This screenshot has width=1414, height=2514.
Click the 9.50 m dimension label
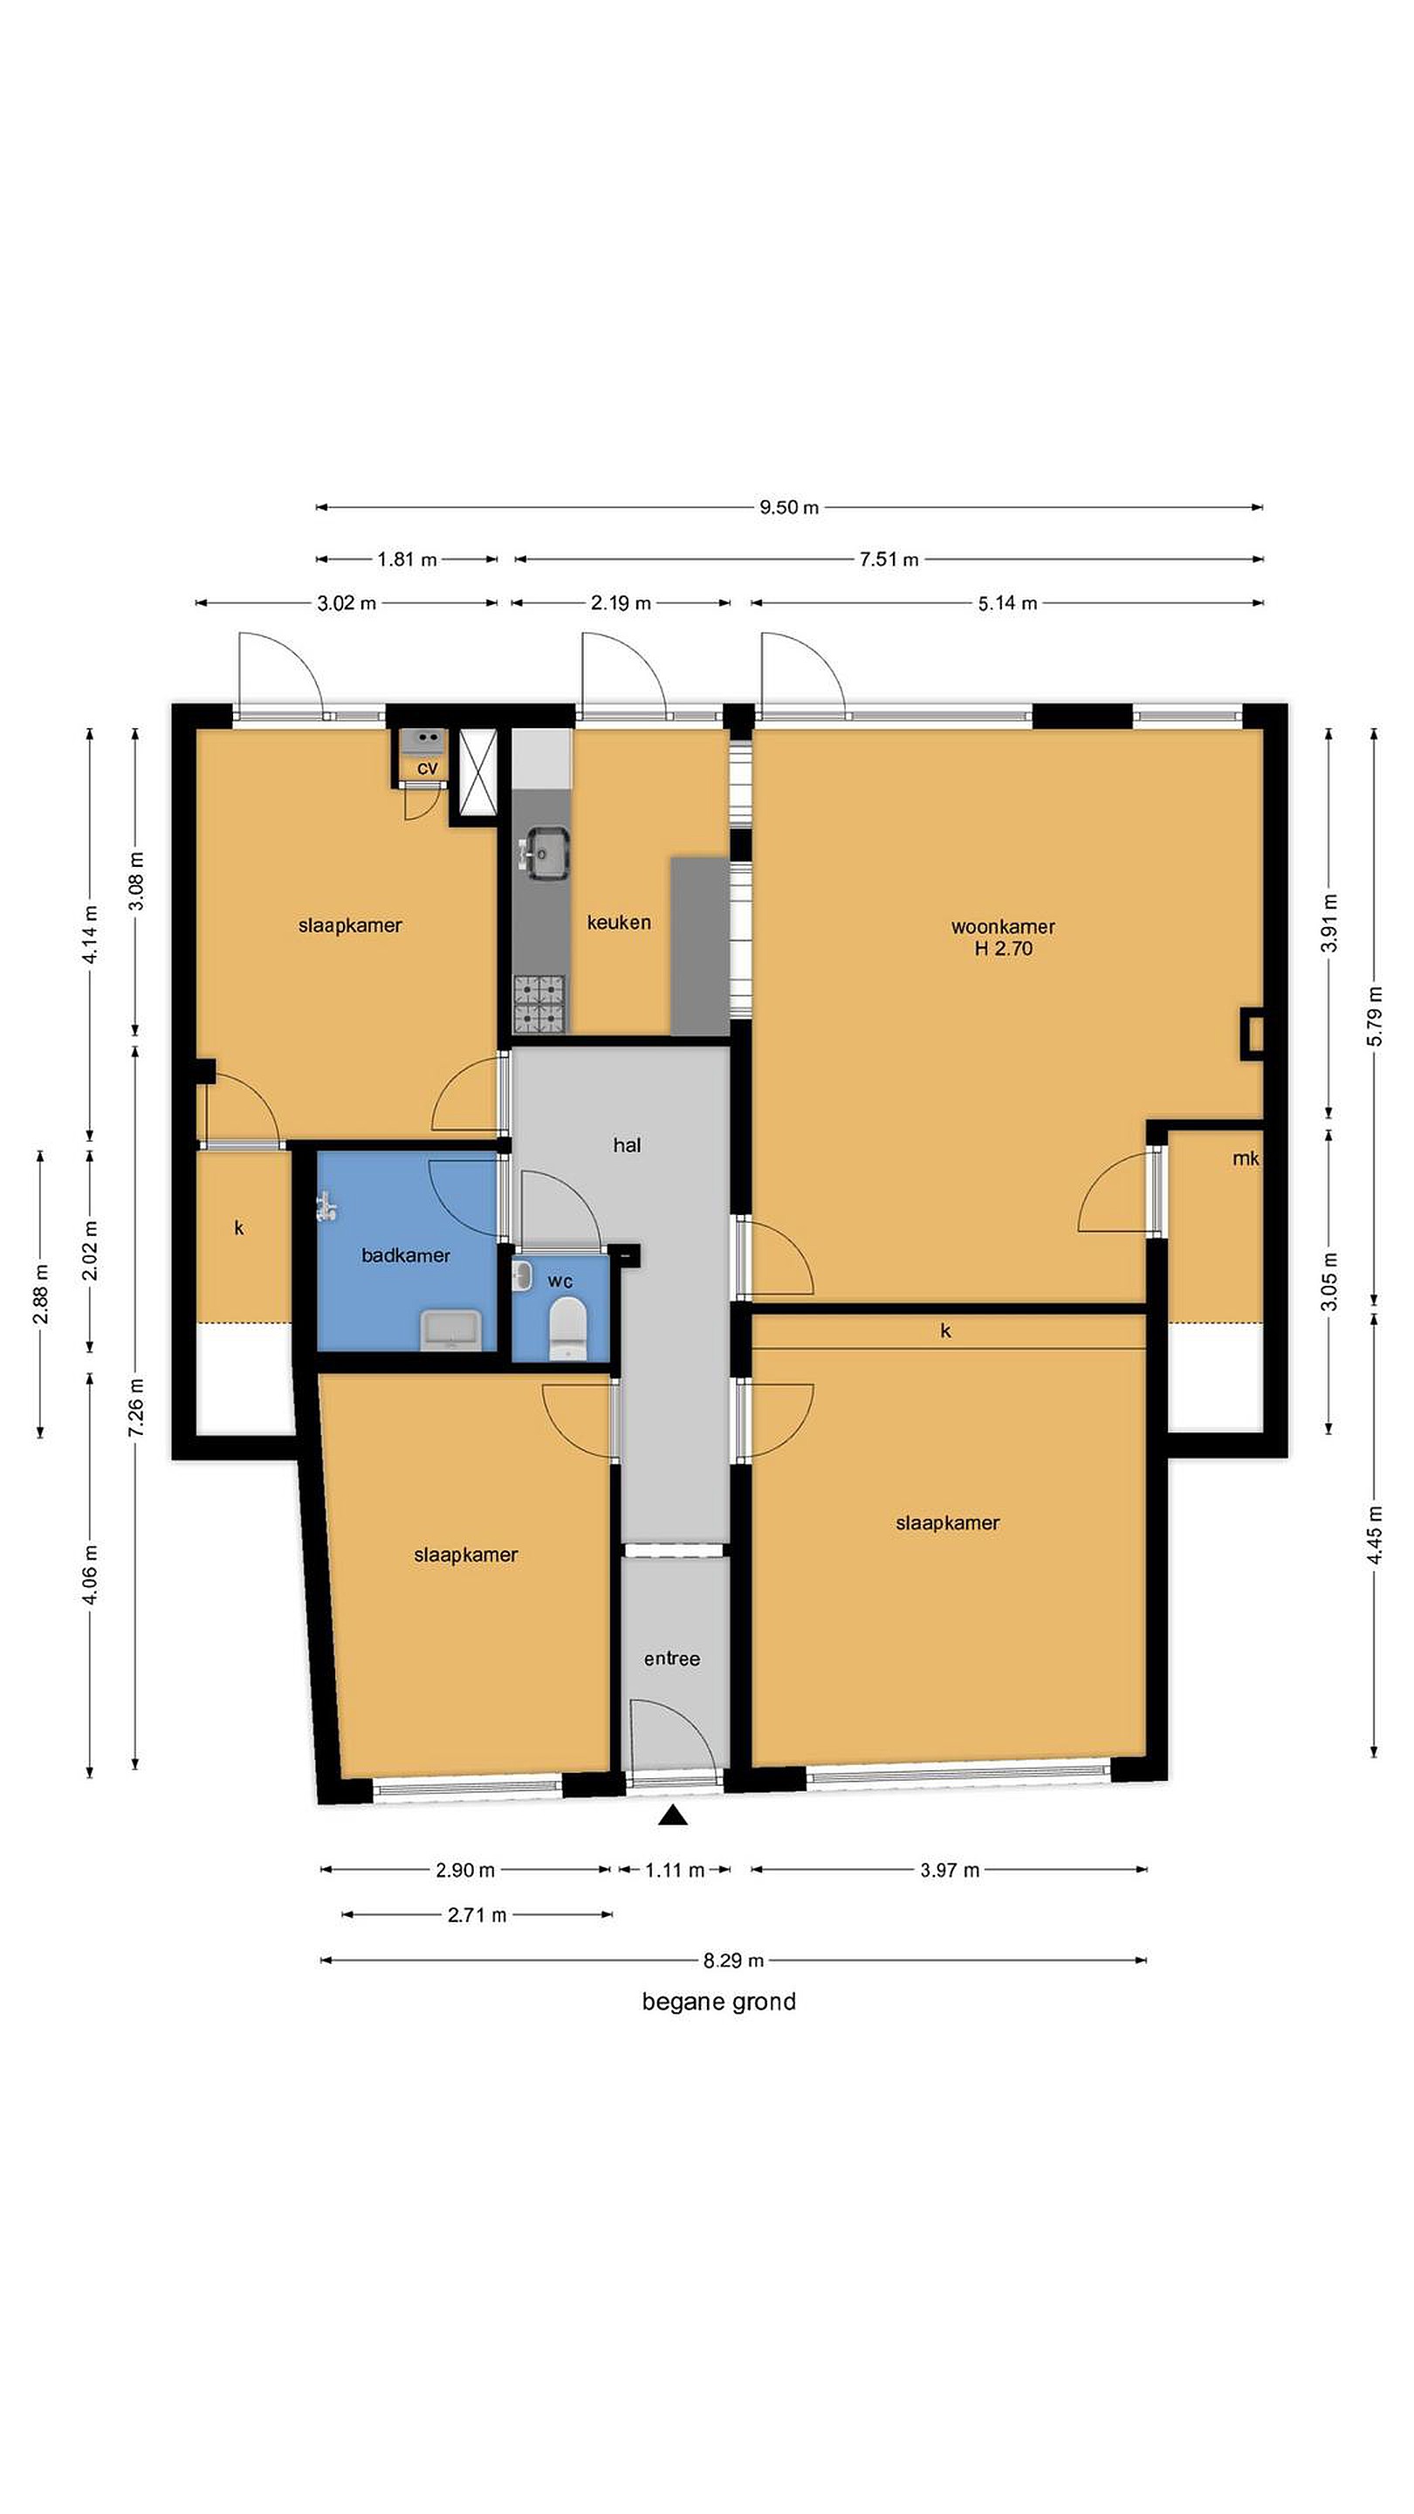click(x=788, y=507)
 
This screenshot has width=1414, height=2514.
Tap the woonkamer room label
click(x=1002, y=926)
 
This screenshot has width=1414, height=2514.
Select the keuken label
click(x=619, y=923)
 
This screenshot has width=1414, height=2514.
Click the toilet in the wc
click(x=565, y=1329)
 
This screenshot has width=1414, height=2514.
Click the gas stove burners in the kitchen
click(x=539, y=1004)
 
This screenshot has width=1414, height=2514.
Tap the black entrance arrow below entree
click(x=672, y=1816)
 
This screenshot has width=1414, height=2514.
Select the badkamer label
click(x=406, y=1256)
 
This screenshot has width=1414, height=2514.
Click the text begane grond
click(x=718, y=2002)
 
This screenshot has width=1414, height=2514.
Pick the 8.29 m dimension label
click(x=733, y=1960)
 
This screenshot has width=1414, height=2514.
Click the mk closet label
click(x=1246, y=1158)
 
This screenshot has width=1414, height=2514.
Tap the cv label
click(x=428, y=769)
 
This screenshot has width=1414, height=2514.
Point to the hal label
click(x=627, y=1144)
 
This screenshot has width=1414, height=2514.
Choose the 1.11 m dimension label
click(x=675, y=1870)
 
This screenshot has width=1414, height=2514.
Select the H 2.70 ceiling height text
click(x=1003, y=949)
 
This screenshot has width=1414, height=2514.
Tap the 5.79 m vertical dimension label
click(x=1374, y=1016)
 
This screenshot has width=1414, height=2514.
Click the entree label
click(x=671, y=1659)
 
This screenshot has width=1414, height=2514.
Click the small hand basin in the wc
click(x=522, y=1275)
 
